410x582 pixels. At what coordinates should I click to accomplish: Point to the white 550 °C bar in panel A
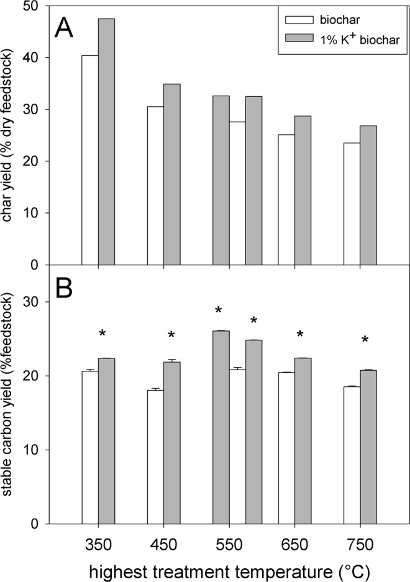tap(237, 193)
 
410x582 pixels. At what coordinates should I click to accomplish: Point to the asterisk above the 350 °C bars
tap(102, 334)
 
